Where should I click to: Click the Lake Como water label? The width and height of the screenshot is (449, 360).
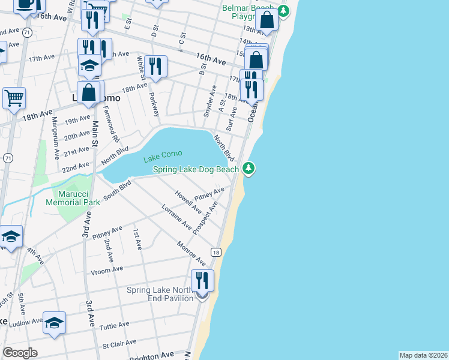pyautogui.click(x=163, y=158)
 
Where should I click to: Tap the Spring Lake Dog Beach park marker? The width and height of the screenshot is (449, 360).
pyautogui.click(x=249, y=169)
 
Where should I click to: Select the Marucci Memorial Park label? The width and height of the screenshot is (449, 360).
pyautogui.click(x=71, y=198)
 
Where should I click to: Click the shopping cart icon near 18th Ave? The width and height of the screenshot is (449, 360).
pyautogui.click(x=14, y=97)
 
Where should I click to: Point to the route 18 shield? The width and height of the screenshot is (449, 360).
pyautogui.click(x=215, y=252)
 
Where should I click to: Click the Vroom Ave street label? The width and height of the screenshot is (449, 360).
pyautogui.click(x=106, y=269)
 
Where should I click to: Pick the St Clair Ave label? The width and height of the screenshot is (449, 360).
pyautogui.click(x=116, y=346)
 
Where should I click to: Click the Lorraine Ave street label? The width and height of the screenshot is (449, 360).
pyautogui.click(x=176, y=218)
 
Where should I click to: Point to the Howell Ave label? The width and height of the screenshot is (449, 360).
pyautogui.click(x=188, y=202)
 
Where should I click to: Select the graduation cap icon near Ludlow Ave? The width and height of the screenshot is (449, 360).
pyautogui.click(x=54, y=323)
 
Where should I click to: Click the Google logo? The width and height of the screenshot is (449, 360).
pyautogui.click(x=20, y=353)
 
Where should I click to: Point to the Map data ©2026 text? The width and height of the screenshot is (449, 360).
pyautogui.click(x=423, y=355)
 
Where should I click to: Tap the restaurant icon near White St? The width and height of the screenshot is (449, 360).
pyautogui.click(x=155, y=67)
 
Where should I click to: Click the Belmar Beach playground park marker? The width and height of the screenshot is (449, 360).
pyautogui.click(x=284, y=11)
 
